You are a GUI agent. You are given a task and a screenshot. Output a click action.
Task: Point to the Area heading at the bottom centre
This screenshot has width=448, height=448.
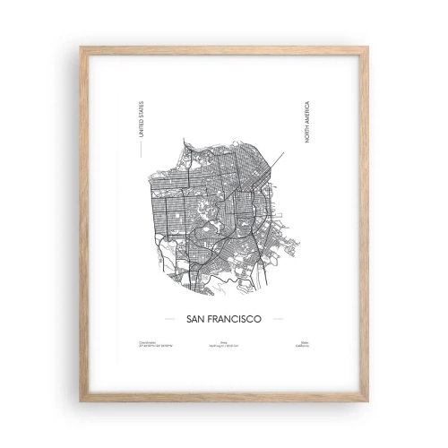tap(224, 340)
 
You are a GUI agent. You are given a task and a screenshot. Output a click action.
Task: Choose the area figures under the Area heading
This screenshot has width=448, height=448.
tap(224, 345)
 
